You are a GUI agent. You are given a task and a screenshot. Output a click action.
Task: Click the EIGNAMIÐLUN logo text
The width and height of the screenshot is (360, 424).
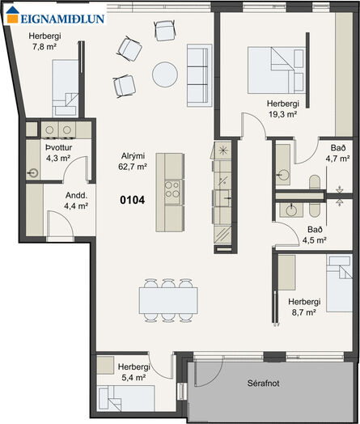62,19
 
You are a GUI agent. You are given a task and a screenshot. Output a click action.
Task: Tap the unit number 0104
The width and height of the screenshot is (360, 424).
133,200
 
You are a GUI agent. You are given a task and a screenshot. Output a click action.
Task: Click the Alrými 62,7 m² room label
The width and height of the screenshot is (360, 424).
133,161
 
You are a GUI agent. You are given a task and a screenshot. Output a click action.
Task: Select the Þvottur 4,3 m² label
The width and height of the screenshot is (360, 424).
58,153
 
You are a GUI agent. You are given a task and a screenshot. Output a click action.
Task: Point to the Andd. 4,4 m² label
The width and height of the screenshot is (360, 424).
76,201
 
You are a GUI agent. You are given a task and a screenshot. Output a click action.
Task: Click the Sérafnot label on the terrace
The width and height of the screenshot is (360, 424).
264,384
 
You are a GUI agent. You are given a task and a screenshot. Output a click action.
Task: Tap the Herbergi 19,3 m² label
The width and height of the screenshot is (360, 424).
283,108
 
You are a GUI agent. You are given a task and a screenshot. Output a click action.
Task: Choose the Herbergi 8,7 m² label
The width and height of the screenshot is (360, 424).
304,307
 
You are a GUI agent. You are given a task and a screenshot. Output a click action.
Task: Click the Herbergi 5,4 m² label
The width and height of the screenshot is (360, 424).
134,372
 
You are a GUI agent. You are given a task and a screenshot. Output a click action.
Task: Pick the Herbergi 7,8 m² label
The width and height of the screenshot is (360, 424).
44,41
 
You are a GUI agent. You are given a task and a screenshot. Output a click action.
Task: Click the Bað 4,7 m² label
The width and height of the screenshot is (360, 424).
338,153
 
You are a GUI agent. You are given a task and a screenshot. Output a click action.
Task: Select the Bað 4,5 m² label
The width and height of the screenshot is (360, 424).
315,235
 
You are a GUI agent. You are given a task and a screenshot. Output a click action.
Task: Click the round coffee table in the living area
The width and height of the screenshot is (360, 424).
165,74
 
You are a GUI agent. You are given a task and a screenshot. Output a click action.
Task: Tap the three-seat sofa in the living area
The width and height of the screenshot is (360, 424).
200,75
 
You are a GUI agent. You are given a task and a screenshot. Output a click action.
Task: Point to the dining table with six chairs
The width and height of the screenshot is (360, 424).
168,300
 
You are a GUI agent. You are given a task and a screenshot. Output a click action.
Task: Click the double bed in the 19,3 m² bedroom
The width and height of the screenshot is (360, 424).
276,70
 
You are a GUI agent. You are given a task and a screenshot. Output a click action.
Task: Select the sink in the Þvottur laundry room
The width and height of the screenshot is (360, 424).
33,173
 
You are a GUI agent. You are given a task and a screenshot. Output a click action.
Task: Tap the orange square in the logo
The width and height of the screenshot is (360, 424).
12,19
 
